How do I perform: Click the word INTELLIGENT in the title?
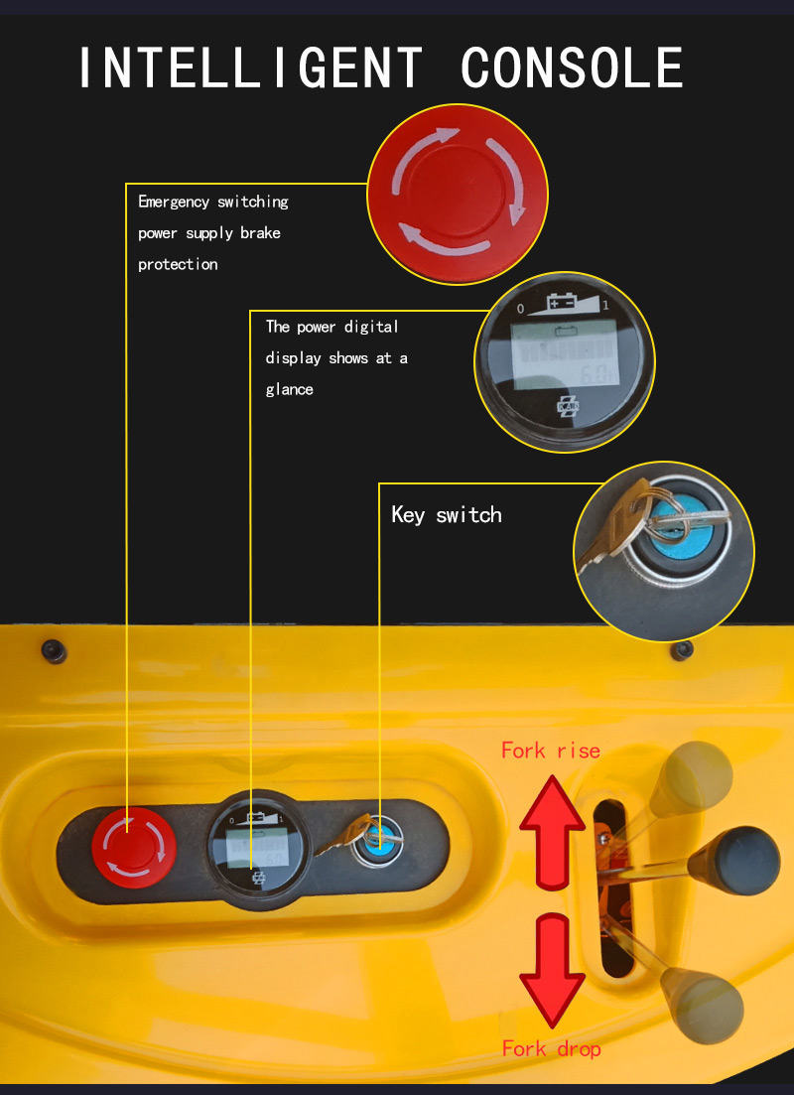coord(251,68)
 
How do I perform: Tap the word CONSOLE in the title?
coord(573,68)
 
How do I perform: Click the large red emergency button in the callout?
coord(458,195)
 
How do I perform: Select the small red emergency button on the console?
coord(133,848)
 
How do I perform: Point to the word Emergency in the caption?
coord(174,203)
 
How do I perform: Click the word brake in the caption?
coord(260,232)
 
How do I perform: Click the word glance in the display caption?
coord(289,390)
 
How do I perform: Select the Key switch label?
coord(447,515)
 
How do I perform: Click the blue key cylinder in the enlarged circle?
coord(676,534)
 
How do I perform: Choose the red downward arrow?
coord(553,971)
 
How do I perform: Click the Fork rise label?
coord(550,751)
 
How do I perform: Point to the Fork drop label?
coord(551,1049)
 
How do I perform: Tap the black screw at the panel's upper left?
coord(54,651)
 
